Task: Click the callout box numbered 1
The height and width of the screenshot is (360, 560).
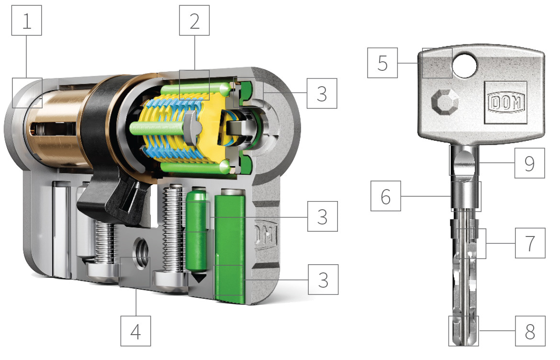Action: click(27, 21)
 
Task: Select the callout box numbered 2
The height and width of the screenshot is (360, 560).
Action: click(194, 21)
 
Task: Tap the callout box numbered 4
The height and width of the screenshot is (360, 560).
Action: click(136, 331)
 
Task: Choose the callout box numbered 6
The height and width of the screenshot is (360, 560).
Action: click(386, 196)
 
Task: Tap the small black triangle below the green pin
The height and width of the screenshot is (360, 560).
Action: click(198, 278)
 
